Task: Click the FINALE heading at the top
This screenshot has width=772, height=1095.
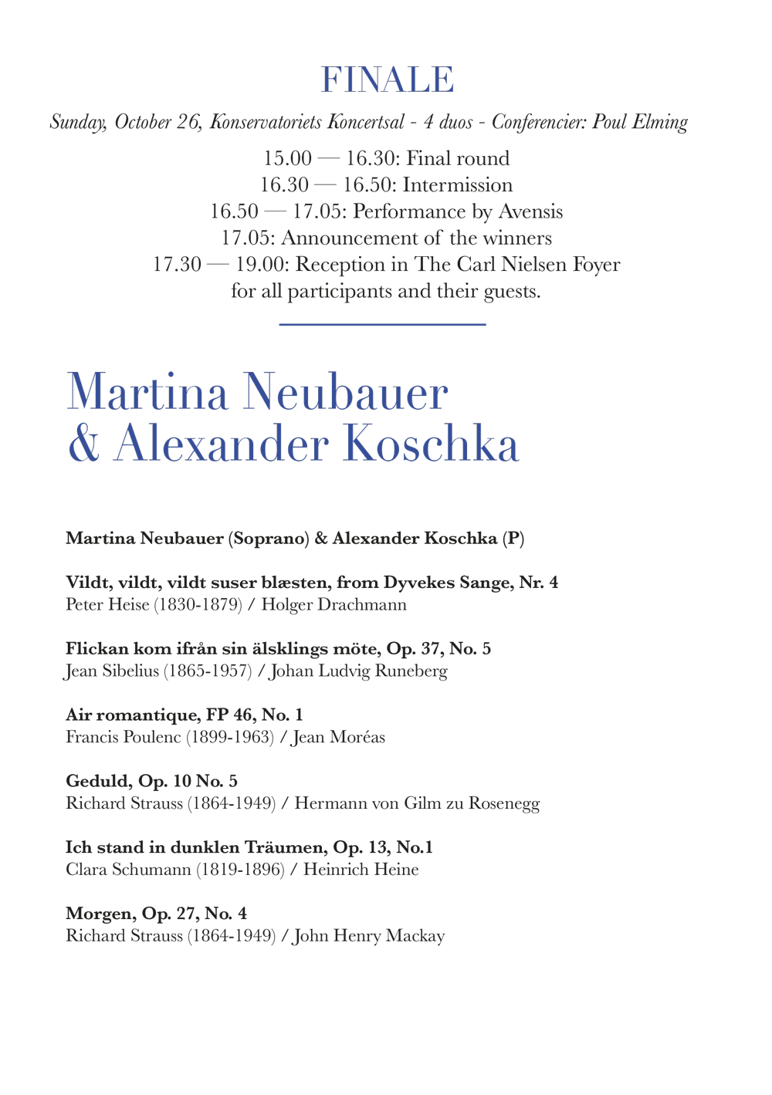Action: point(387,80)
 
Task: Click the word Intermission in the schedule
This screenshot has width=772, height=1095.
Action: point(457,185)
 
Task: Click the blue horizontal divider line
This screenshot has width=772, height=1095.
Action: point(382,325)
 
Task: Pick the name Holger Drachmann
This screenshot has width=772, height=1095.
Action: point(334,604)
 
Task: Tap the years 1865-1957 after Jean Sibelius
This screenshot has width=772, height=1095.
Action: point(208,671)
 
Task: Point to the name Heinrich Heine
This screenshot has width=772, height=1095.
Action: point(361,870)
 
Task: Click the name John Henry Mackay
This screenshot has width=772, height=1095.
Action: point(369,936)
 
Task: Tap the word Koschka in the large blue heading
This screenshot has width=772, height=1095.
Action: point(430,445)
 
